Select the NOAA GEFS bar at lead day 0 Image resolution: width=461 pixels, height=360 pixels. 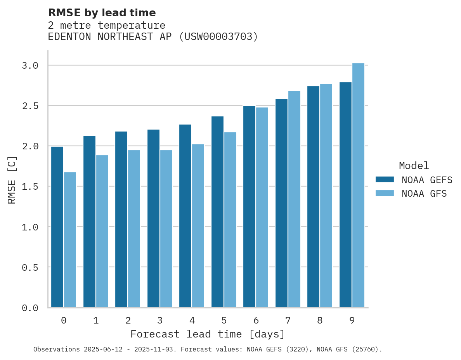click(x=57, y=227)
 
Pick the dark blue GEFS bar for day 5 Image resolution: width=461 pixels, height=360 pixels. click(x=217, y=212)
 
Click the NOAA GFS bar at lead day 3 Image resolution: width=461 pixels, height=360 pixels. click(x=166, y=229)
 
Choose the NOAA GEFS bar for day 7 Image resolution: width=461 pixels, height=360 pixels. click(x=281, y=203)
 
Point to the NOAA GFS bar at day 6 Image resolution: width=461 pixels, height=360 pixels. click(x=262, y=208)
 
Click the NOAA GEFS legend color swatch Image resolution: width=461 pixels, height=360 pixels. click(x=385, y=180)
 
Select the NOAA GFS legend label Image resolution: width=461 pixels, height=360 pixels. click(x=424, y=194)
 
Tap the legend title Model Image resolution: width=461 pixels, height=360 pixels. click(x=414, y=166)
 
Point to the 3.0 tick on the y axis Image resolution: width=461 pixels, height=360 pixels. click(x=30, y=66)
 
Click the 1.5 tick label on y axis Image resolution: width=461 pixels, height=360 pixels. click(x=30, y=187)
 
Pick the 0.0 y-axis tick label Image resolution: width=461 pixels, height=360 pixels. click(x=30, y=308)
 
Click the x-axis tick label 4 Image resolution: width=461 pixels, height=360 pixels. click(x=192, y=320)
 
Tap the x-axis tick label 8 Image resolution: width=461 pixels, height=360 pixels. click(x=320, y=320)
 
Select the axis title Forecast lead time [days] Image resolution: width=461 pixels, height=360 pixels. click(x=208, y=334)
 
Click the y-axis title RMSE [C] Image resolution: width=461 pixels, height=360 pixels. click(x=12, y=180)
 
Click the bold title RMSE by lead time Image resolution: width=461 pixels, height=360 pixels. click(x=102, y=13)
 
